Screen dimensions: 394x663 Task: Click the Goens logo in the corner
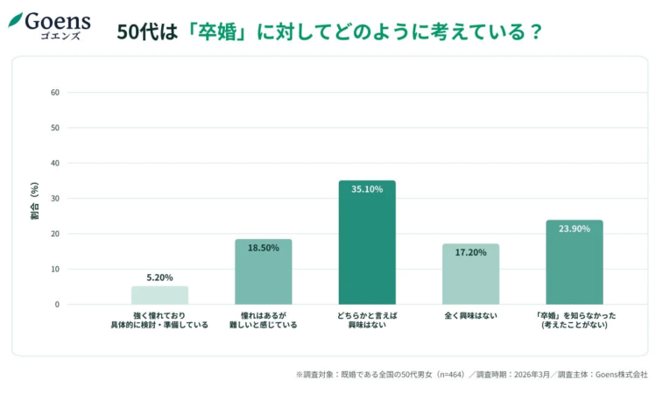coord(50,25)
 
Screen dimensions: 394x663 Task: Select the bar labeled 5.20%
coord(159,295)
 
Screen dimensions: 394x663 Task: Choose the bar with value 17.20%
coord(470,275)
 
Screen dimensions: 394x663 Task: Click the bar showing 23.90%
coord(574,263)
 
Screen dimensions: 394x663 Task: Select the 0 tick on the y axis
coord(57,305)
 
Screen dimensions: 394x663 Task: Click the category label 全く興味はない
coord(470,314)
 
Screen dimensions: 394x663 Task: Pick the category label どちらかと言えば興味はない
coord(367,319)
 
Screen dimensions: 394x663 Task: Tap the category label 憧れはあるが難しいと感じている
coord(263,319)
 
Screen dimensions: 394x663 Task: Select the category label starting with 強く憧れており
coord(159,319)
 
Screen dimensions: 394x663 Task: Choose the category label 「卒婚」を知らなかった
coord(574,319)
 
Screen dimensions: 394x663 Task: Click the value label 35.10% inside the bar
coord(367,189)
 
